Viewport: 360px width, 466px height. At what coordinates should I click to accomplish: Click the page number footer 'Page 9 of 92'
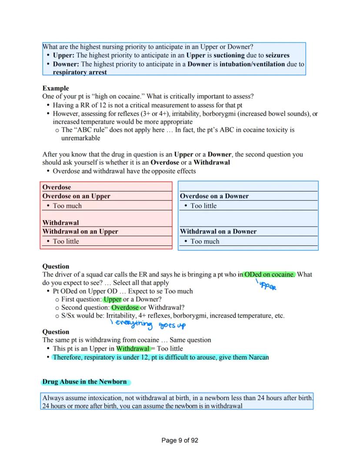point(180,440)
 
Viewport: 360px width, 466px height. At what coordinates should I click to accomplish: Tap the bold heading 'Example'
point(55,88)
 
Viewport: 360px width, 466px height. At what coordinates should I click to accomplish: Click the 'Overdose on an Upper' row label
point(76,196)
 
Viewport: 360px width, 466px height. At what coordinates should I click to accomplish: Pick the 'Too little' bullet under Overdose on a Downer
point(203,206)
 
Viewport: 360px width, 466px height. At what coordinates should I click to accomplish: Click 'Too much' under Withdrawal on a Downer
point(205,241)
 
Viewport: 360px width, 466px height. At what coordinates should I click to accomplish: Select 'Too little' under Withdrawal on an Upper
point(66,241)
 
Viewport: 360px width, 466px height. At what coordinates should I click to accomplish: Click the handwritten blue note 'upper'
point(267,286)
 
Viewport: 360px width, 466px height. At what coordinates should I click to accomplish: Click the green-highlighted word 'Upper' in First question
point(112,299)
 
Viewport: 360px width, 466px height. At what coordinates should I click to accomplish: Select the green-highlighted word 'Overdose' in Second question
point(125,307)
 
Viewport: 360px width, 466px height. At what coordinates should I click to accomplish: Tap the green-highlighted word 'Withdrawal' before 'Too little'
point(133,349)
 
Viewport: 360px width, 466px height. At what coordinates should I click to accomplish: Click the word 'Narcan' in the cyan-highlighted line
point(259,357)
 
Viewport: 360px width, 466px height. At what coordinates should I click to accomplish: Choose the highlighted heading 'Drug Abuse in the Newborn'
point(84,382)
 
